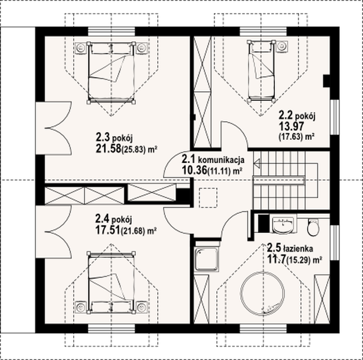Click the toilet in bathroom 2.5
[313, 227]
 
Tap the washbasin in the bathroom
[283, 224]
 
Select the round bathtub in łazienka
[262, 294]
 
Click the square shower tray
[206, 259]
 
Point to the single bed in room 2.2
[261, 71]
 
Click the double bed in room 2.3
[111, 73]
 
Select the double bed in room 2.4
[111, 282]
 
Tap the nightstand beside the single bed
[282, 46]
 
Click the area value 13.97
[291, 126]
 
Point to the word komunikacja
[221, 160]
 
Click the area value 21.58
[108, 148]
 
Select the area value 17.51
[108, 230]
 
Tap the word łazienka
[298, 249]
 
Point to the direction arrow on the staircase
[257, 164]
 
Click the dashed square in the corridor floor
[208, 197]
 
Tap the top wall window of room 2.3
[111, 32]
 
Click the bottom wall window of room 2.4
[111, 328]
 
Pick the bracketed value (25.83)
[134, 149]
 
